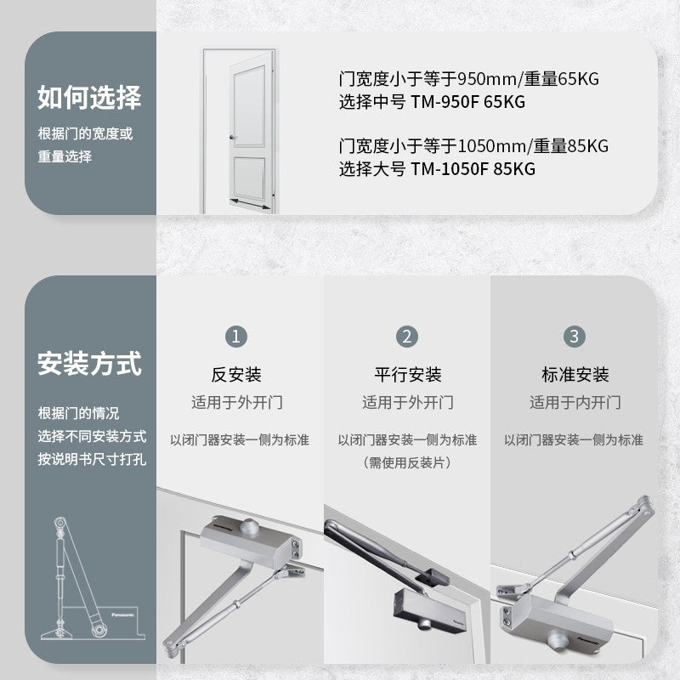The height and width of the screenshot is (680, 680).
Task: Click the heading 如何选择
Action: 89,97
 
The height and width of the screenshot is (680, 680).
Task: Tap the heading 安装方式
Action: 89,364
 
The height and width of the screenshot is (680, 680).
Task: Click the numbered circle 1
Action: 236,337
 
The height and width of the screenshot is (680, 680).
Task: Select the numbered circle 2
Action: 407,337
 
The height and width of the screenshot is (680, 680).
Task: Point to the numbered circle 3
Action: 575,337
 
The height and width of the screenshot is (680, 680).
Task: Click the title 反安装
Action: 236,375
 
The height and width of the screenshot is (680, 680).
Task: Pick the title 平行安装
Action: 408,375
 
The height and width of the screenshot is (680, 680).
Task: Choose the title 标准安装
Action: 575,375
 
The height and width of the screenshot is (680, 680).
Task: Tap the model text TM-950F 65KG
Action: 468,102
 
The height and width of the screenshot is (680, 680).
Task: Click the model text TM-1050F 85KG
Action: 473,168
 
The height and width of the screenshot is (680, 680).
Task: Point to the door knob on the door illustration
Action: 232,138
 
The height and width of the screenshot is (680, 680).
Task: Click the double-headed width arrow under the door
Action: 251,204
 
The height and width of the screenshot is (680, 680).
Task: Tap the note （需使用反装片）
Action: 407,462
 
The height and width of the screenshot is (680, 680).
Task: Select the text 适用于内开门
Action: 575,402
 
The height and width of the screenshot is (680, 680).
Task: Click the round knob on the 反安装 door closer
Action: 250,525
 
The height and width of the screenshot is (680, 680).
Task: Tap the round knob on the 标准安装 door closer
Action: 557,641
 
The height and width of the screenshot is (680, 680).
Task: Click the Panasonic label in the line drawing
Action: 122,615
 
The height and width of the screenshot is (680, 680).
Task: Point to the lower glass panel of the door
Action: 249,178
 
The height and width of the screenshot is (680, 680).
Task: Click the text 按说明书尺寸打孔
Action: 92,459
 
